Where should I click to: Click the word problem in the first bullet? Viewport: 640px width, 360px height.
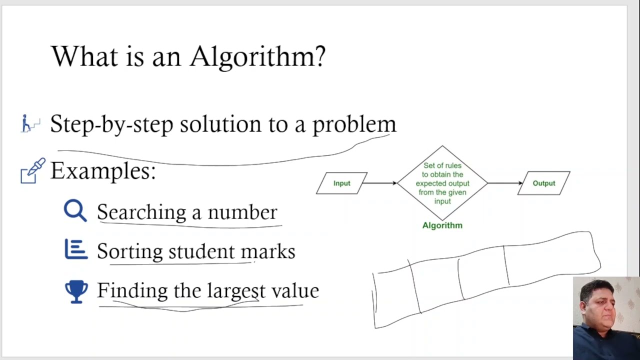tap(354, 124)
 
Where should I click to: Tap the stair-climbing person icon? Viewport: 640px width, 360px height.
tap(29, 123)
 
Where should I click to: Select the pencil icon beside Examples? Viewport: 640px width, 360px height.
tap(32, 171)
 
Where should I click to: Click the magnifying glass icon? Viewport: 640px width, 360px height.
tap(75, 210)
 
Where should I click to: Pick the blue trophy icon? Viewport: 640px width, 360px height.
tap(76, 291)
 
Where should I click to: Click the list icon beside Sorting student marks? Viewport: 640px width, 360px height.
tap(76, 249)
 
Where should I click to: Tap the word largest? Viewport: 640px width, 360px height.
tap(236, 290)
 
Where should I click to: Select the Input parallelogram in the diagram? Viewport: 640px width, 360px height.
tap(342, 183)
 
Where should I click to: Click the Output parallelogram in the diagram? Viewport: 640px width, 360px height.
tap(543, 183)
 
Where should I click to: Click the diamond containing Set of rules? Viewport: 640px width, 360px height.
tap(442, 183)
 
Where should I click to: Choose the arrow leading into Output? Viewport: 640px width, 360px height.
tap(504, 183)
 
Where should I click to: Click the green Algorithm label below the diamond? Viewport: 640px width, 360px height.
tap(442, 225)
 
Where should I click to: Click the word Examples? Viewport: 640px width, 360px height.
tap(103, 171)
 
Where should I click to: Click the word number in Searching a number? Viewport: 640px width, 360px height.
tap(242, 212)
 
